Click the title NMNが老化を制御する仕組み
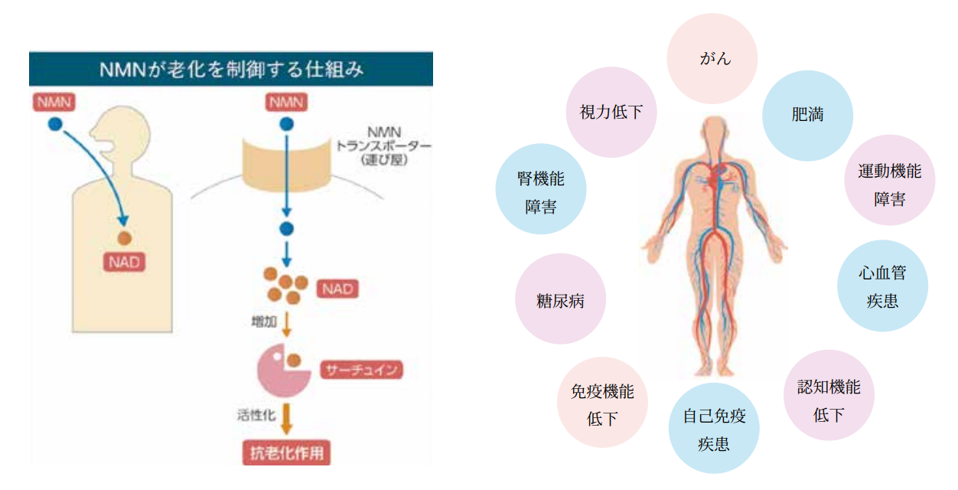pyautogui.click(x=231, y=70)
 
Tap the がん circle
pyautogui.click(x=712, y=59)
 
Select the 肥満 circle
pyautogui.click(x=807, y=116)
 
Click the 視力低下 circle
pyautogui.click(x=611, y=113)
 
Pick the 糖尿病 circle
pyautogui.click(x=561, y=299)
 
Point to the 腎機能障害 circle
pyautogui.click(x=541, y=192)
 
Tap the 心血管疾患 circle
pyautogui.click(x=882, y=286)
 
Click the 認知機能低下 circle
pyautogui.click(x=829, y=396)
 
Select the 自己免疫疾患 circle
pyautogui.click(x=714, y=430)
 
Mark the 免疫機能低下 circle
pyautogui.click(x=602, y=403)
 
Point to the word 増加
pyautogui.click(x=264, y=322)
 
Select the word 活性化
pyautogui.click(x=256, y=415)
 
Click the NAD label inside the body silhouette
pyautogui.click(x=123, y=263)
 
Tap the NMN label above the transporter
pyautogui.click(x=286, y=102)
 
